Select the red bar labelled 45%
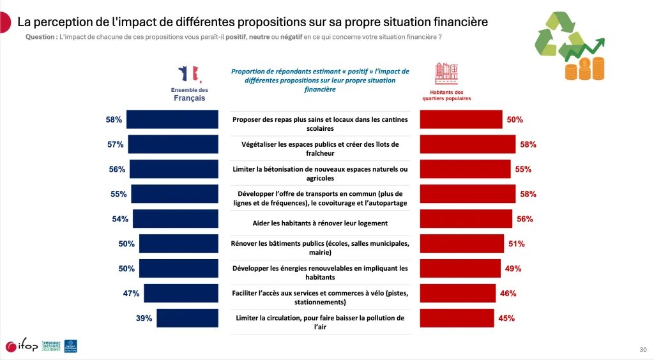tap(457, 318)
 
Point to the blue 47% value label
tap(132, 294)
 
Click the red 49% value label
tap(513, 269)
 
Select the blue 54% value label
tap(120, 219)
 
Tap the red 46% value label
tap(508, 294)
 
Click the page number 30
tap(643, 349)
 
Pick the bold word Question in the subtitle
tap(41, 37)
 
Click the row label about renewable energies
tap(320, 273)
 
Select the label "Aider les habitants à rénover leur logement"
tap(320, 223)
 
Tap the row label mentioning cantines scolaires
tap(320, 124)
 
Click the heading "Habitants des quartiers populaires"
tap(446, 96)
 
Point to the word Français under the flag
tap(189, 98)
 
